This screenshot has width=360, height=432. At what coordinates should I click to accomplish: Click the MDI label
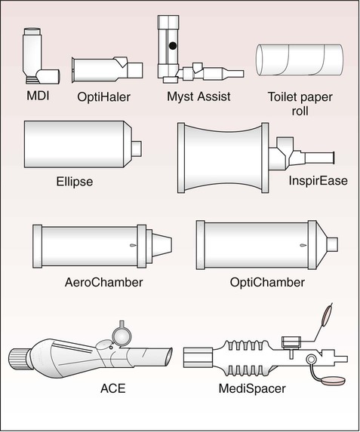pyautogui.click(x=38, y=96)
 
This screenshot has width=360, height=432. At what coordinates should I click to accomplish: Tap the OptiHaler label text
pyautogui.click(x=103, y=97)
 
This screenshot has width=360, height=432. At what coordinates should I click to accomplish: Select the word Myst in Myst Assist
pyautogui.click(x=180, y=97)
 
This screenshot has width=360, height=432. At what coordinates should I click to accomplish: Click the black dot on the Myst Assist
pyautogui.click(x=173, y=46)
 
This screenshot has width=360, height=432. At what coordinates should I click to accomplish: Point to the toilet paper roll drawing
pyautogui.click(x=300, y=60)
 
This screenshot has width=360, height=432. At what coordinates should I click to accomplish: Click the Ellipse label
pyautogui.click(x=75, y=182)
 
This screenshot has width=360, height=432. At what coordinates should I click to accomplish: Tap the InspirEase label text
pyautogui.click(x=318, y=181)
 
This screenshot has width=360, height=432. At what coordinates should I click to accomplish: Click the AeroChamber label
pyautogui.click(x=103, y=283)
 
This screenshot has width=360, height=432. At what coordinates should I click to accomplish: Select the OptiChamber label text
pyautogui.click(x=267, y=283)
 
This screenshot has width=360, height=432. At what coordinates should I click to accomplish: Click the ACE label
pyautogui.click(x=113, y=388)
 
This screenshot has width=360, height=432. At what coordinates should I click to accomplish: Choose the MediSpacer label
pyautogui.click(x=252, y=389)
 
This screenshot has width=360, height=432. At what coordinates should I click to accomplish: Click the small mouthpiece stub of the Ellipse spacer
pyautogui.click(x=137, y=149)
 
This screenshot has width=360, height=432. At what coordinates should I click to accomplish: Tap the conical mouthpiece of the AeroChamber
pyautogui.click(x=162, y=245)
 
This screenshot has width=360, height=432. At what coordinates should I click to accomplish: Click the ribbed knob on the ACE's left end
pyautogui.click(x=20, y=359)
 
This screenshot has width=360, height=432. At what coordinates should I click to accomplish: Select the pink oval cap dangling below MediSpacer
pyautogui.click(x=334, y=380)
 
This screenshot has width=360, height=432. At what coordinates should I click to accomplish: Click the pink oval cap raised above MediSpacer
pyautogui.click(x=327, y=314)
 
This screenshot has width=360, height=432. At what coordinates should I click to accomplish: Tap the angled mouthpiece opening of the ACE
pyautogui.click(x=169, y=358)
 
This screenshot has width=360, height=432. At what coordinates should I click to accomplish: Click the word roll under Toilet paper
pyautogui.click(x=300, y=111)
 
